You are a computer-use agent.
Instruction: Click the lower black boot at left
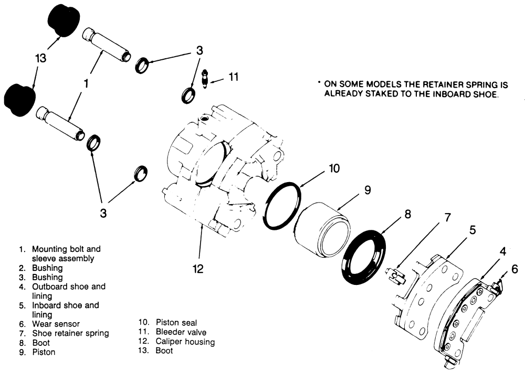[x=19, y=98]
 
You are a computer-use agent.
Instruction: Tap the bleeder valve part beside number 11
[x=205, y=78]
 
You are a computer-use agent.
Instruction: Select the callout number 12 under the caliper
[x=197, y=269]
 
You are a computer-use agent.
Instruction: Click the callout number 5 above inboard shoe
[x=472, y=229]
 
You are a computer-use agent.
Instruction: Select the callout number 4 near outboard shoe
[x=502, y=251]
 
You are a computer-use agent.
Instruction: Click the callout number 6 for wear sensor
[x=514, y=268]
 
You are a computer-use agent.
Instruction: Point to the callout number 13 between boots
[x=40, y=59]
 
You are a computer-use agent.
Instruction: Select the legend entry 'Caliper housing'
[x=185, y=342]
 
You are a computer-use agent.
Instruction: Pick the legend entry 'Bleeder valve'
[x=181, y=332]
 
